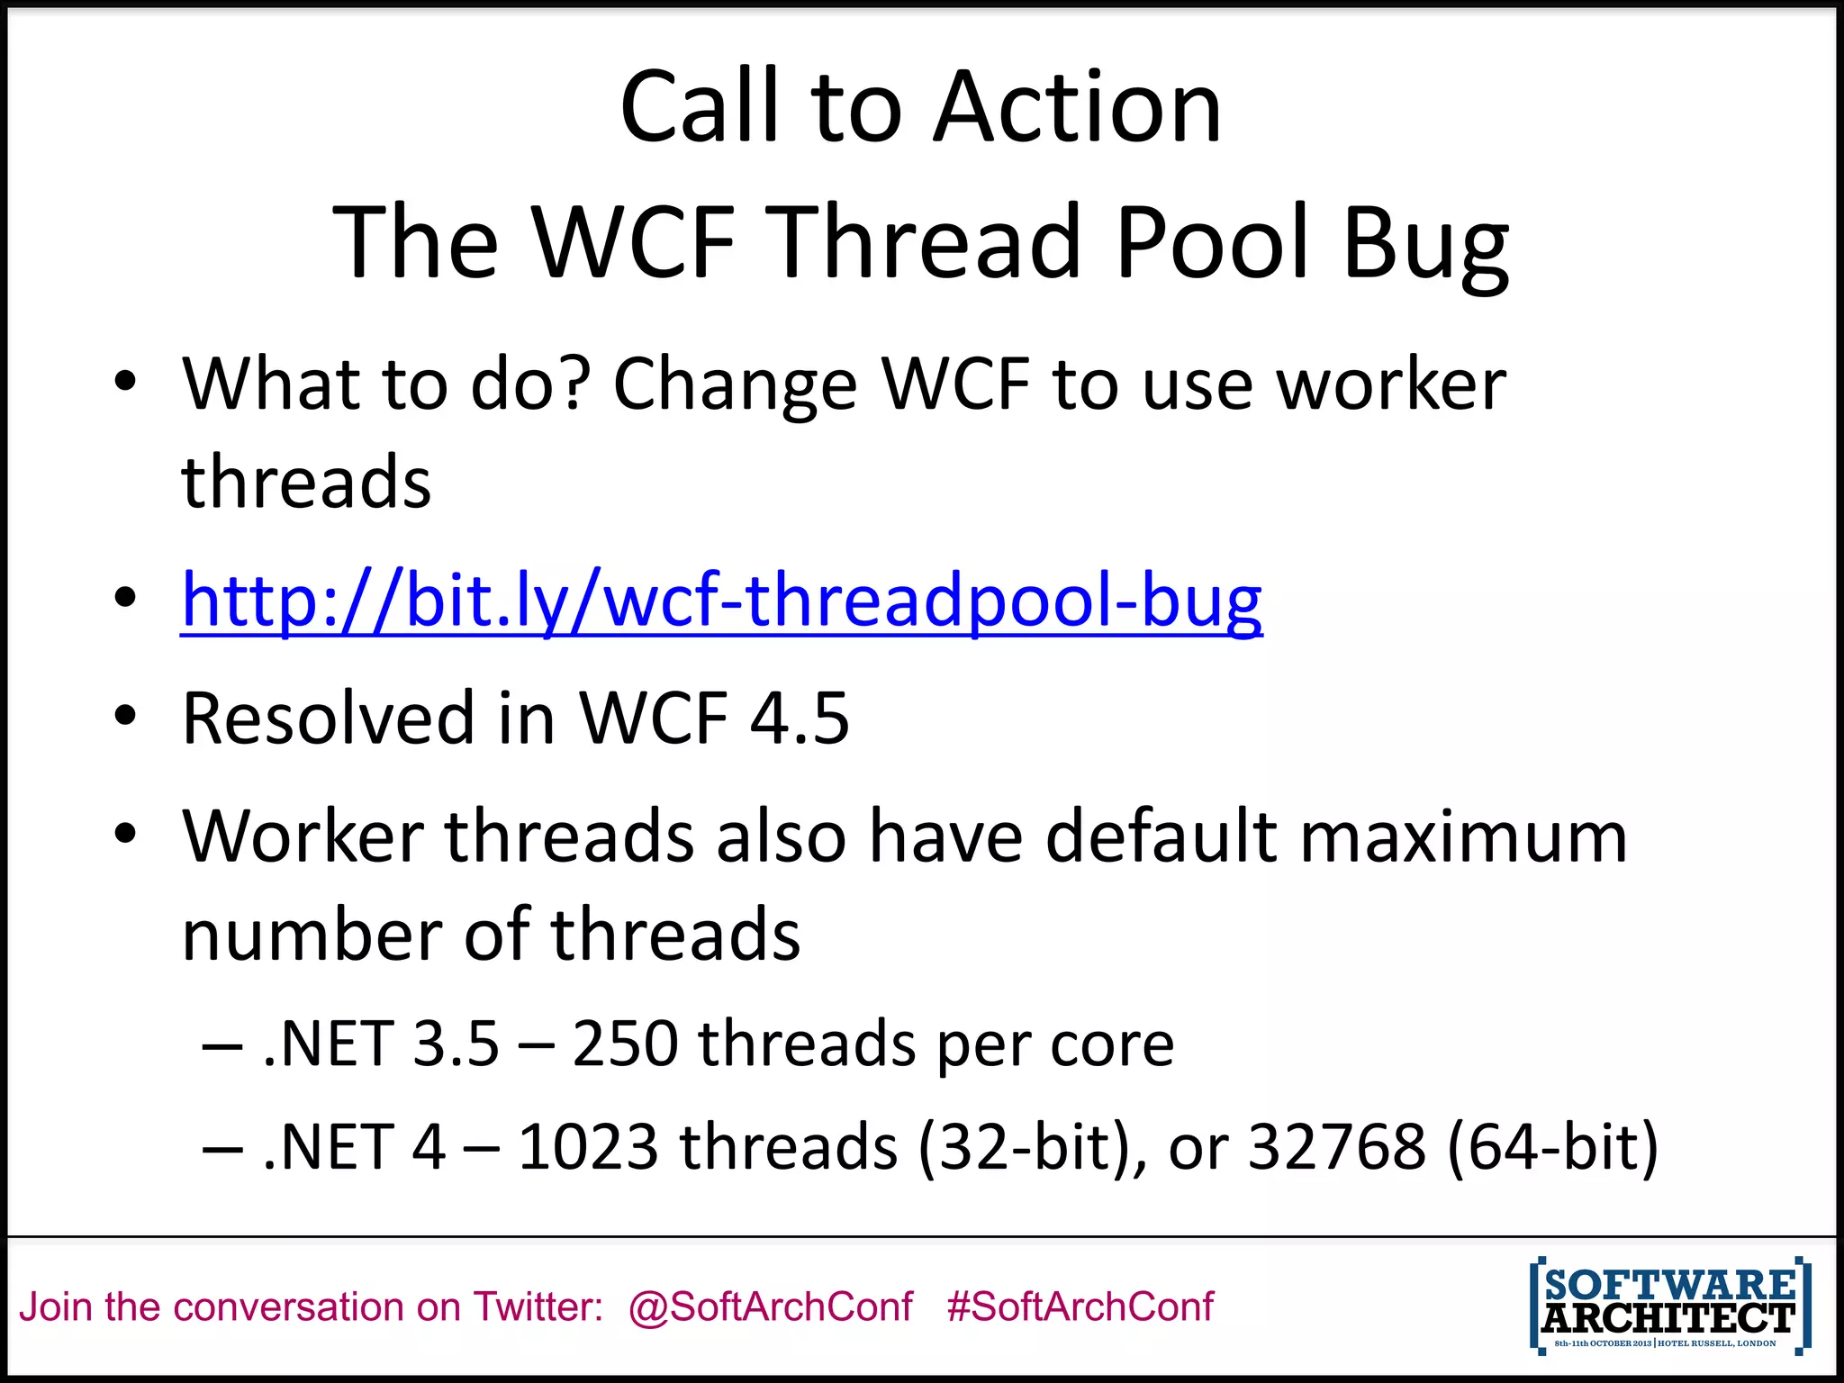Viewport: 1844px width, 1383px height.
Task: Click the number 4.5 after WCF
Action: tap(800, 719)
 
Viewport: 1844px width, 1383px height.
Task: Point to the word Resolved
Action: tap(328, 719)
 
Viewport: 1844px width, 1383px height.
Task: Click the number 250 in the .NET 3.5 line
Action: tap(625, 1044)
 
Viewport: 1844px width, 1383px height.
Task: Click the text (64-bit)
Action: tap(1552, 1147)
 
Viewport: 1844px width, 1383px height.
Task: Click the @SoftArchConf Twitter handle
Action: tap(771, 1306)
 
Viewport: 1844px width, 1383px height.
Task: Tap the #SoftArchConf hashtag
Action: tap(1080, 1306)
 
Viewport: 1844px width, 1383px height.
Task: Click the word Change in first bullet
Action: tap(735, 385)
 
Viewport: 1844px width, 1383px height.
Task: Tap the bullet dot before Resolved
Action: tap(125, 717)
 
